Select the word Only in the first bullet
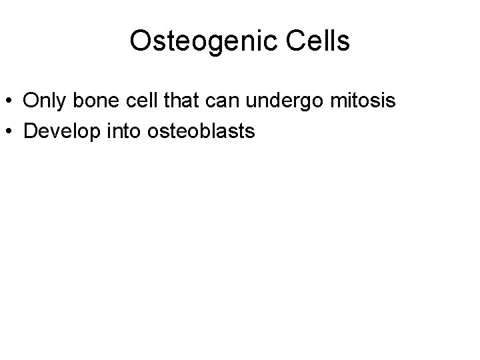point(45,101)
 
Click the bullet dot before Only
point(11,102)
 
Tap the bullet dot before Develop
point(11,131)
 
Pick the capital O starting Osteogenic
point(141,41)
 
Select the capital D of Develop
point(31,131)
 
